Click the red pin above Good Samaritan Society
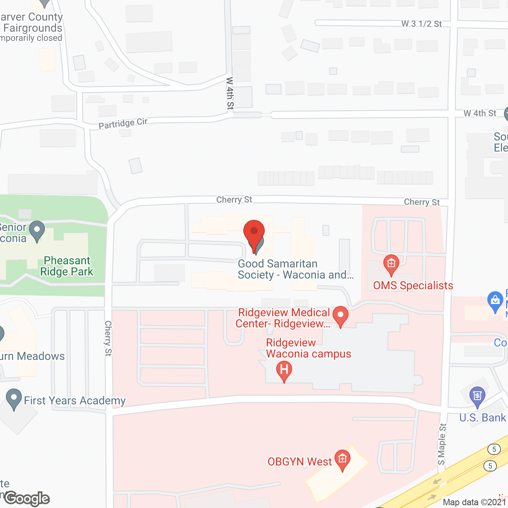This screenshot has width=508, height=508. coord(254,233)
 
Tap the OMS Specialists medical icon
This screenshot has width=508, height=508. coord(391,264)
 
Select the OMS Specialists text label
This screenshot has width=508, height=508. coord(413,285)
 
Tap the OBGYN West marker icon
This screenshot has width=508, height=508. coord(343,459)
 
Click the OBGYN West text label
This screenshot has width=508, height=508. coord(299,462)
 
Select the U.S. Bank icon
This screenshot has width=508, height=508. coord(477,396)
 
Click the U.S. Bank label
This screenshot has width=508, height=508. coord(483,418)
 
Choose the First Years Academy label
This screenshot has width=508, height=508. coord(75,400)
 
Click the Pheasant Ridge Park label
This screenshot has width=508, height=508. coord(67,266)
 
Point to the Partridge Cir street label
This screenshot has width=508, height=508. coord(123,123)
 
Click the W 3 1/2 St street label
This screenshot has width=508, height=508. coord(421,24)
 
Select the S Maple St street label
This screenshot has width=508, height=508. coord(442,444)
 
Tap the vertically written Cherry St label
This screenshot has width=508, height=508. coord(108,338)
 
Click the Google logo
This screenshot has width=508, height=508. coord(27,498)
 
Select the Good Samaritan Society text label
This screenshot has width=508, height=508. coord(295,269)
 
